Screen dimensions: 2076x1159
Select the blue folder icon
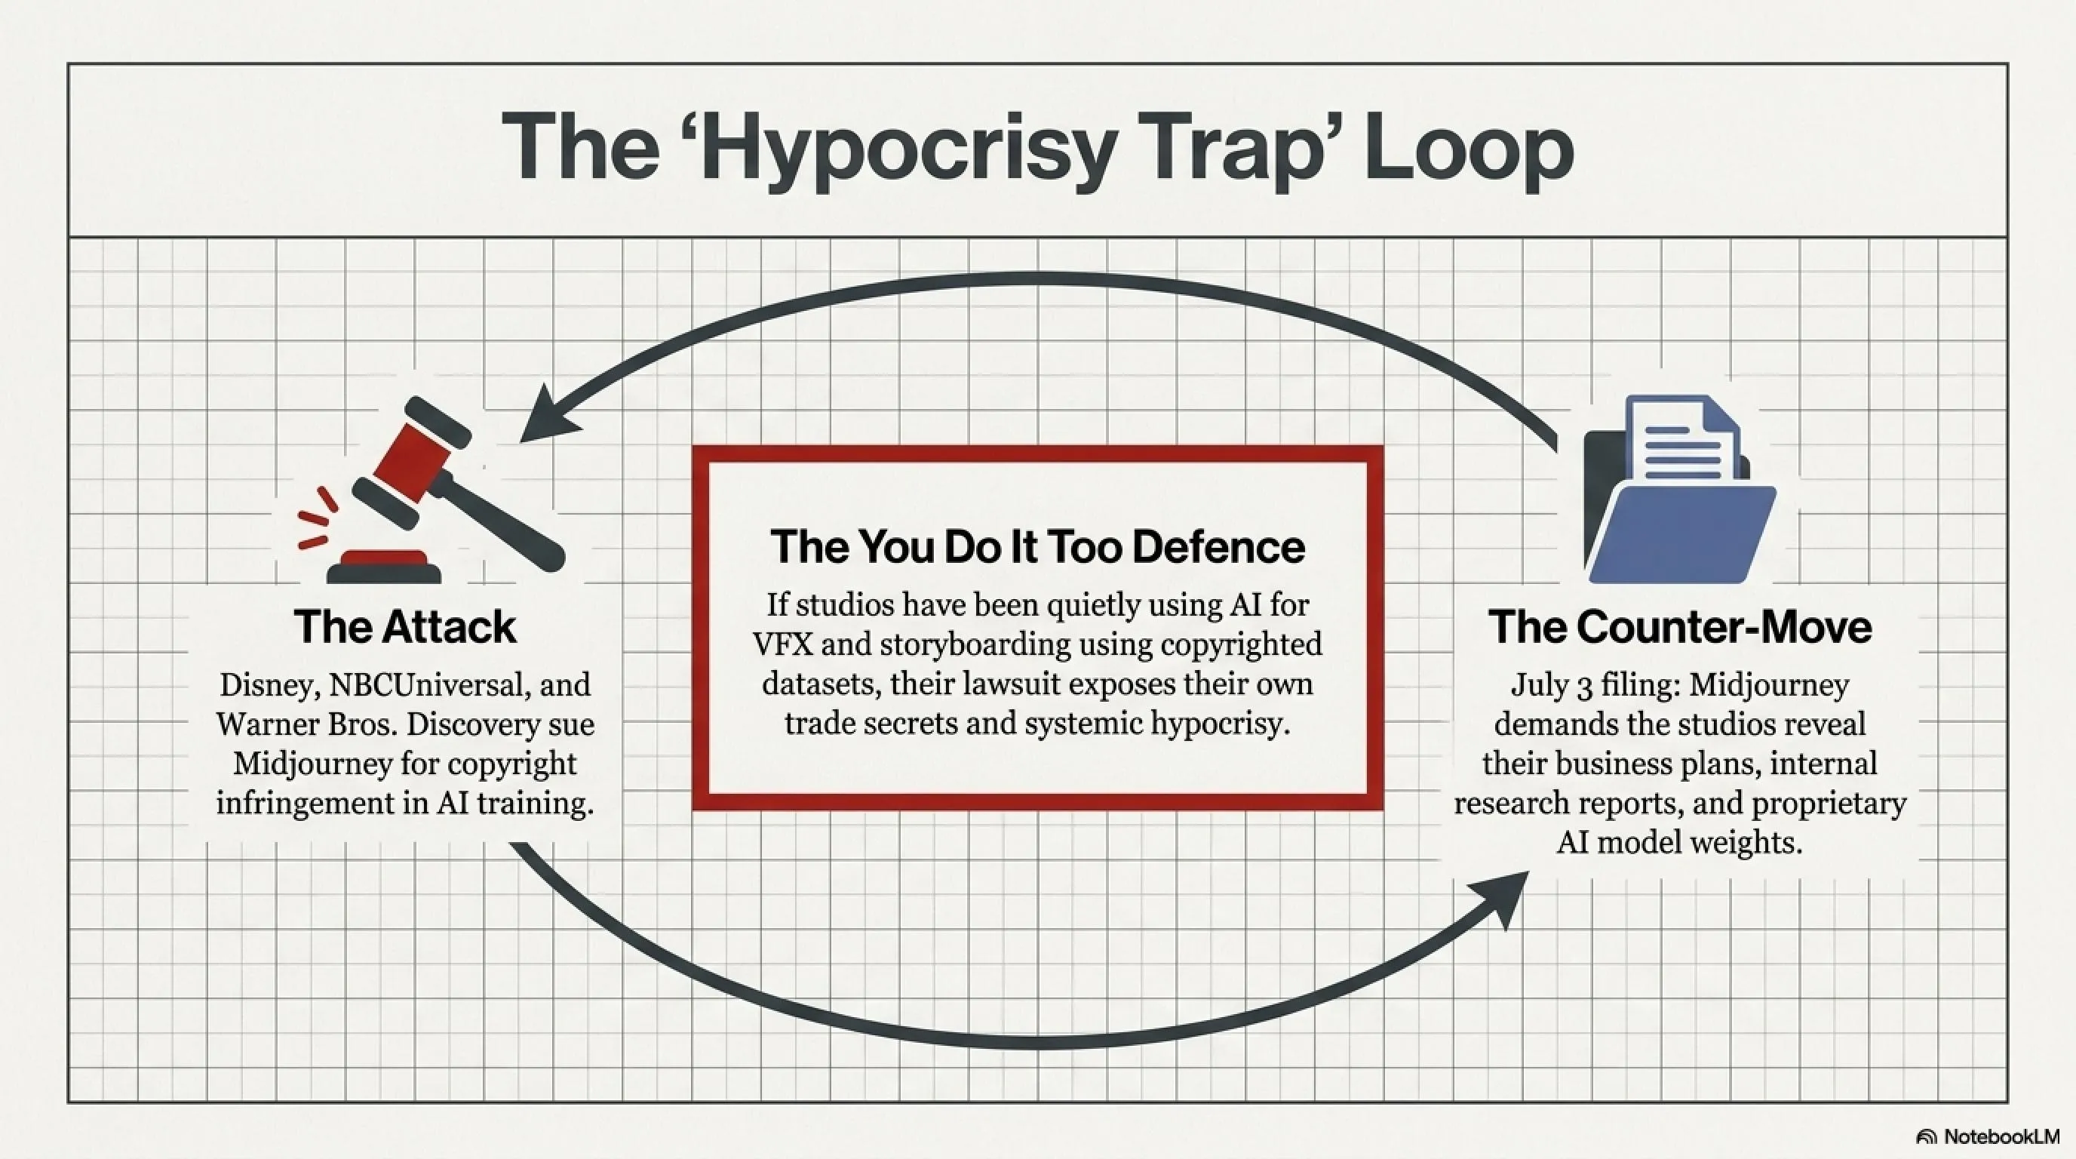tap(1679, 488)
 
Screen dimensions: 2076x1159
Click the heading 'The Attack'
tap(404, 626)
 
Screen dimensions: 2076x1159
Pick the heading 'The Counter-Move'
tap(1679, 626)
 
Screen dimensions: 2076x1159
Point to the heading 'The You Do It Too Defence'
tap(1038, 546)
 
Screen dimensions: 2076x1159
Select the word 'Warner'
tap(264, 724)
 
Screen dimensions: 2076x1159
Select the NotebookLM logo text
tap(2001, 1136)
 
